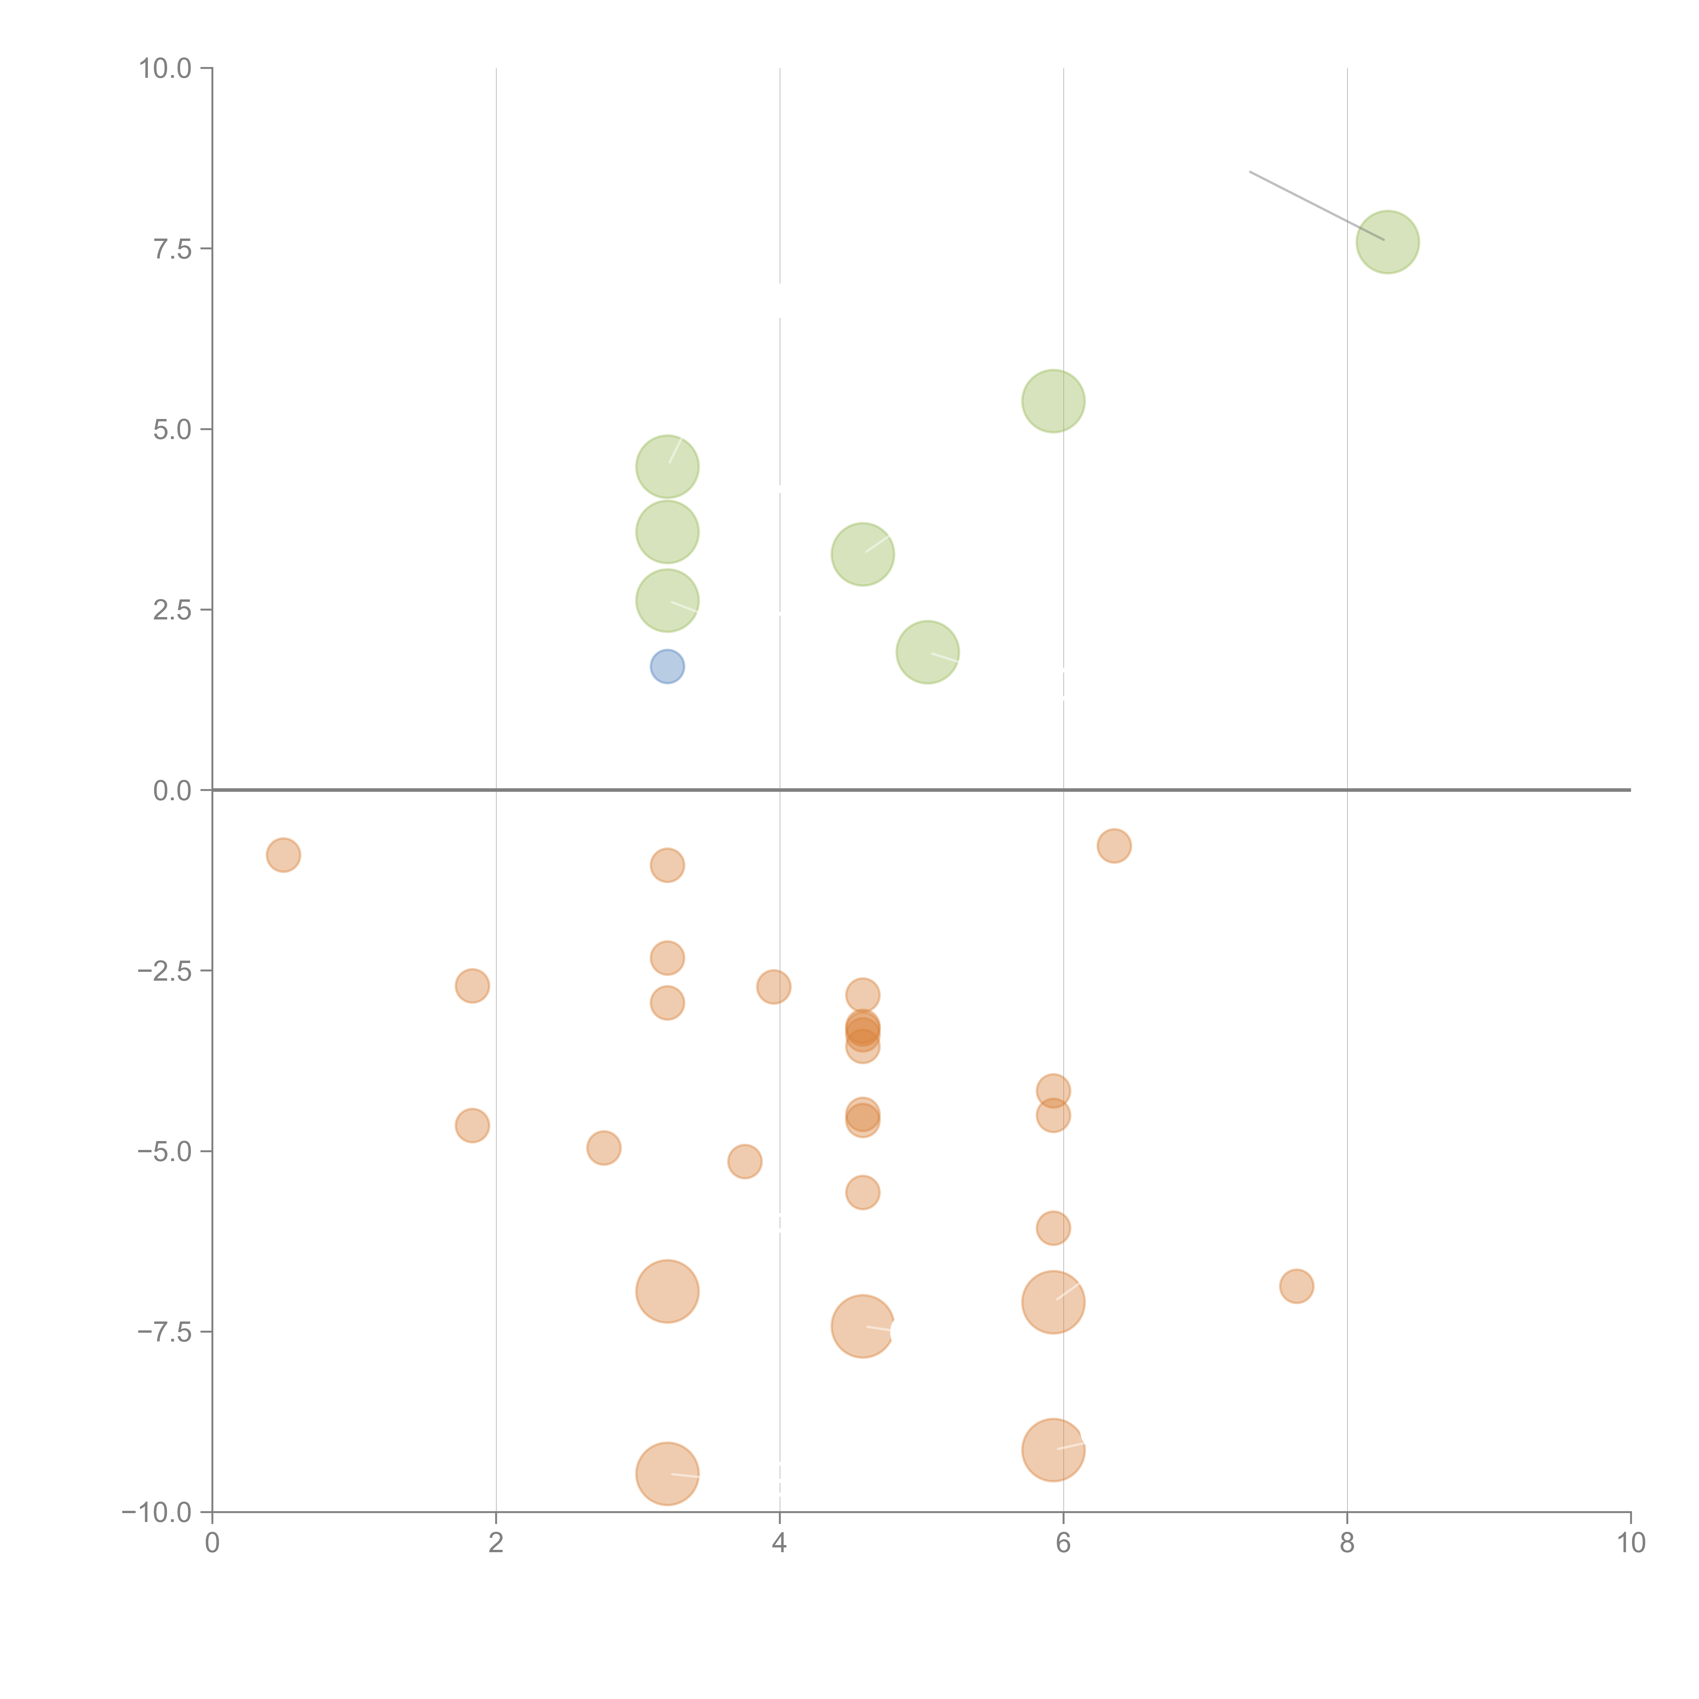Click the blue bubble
[667, 667]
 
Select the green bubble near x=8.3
[1388, 242]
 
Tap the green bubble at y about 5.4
[1053, 401]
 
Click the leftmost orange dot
[283, 855]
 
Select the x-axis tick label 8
[1347, 1542]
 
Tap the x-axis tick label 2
[496, 1542]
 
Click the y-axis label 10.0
[165, 69]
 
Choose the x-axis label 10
[1630, 1542]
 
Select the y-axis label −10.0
[157, 1512]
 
